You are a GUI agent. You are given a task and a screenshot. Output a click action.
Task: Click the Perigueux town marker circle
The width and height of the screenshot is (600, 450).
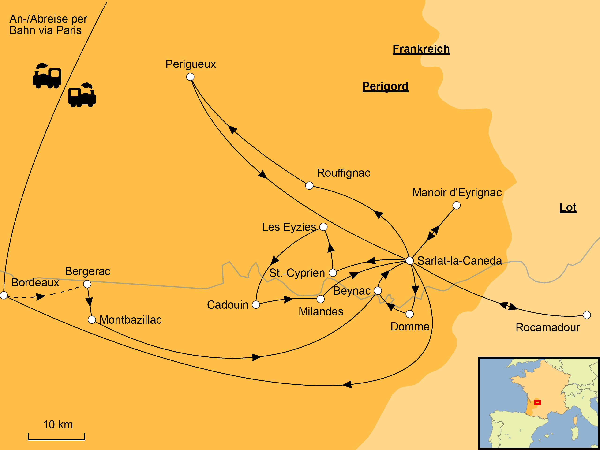click(190, 77)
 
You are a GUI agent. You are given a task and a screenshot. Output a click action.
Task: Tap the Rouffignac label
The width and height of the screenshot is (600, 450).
click(343, 173)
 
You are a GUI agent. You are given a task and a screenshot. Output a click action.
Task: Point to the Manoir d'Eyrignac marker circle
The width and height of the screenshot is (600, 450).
click(457, 205)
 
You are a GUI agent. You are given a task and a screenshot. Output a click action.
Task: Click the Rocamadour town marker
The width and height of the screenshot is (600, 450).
click(587, 315)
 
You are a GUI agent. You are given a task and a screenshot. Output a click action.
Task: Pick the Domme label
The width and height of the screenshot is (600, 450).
click(410, 326)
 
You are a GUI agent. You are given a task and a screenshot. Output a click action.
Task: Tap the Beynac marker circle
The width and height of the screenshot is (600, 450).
click(378, 290)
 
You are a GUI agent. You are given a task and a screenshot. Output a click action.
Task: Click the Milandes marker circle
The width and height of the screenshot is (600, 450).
click(321, 299)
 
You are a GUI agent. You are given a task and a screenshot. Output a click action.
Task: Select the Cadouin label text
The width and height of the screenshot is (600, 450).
click(228, 305)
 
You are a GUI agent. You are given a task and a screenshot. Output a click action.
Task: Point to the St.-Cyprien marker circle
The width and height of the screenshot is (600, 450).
click(333, 273)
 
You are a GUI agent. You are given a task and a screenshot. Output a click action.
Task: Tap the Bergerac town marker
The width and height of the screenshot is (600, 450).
click(87, 284)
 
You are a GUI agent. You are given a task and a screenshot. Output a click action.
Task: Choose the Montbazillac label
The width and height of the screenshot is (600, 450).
click(131, 320)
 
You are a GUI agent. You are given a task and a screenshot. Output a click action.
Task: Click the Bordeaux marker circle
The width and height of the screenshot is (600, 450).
click(4, 295)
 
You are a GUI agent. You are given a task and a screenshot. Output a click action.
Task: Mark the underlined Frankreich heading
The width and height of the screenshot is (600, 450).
click(421, 49)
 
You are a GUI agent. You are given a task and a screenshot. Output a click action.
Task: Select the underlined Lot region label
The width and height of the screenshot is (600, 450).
click(568, 207)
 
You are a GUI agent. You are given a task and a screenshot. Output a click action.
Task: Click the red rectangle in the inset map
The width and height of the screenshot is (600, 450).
click(537, 402)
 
